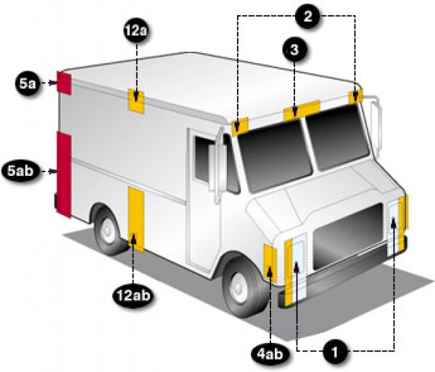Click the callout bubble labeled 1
tap(335, 352)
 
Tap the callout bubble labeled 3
tap(294, 49)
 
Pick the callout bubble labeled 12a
tap(136, 31)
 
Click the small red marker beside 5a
tap(65, 83)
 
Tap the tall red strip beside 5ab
tap(64, 174)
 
